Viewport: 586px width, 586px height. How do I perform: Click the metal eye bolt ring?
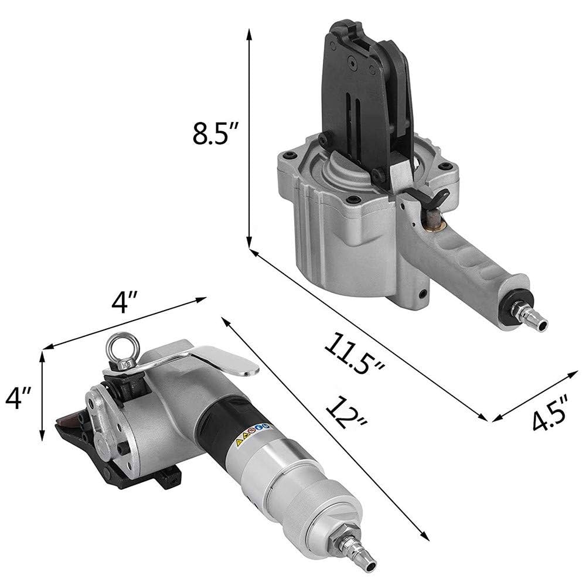click(122, 346)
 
